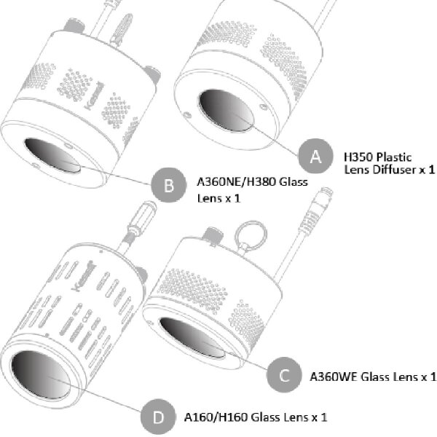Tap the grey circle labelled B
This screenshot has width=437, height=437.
169,186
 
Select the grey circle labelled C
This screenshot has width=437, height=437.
284,375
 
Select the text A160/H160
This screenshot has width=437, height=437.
215,417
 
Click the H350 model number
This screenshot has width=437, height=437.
357,156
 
